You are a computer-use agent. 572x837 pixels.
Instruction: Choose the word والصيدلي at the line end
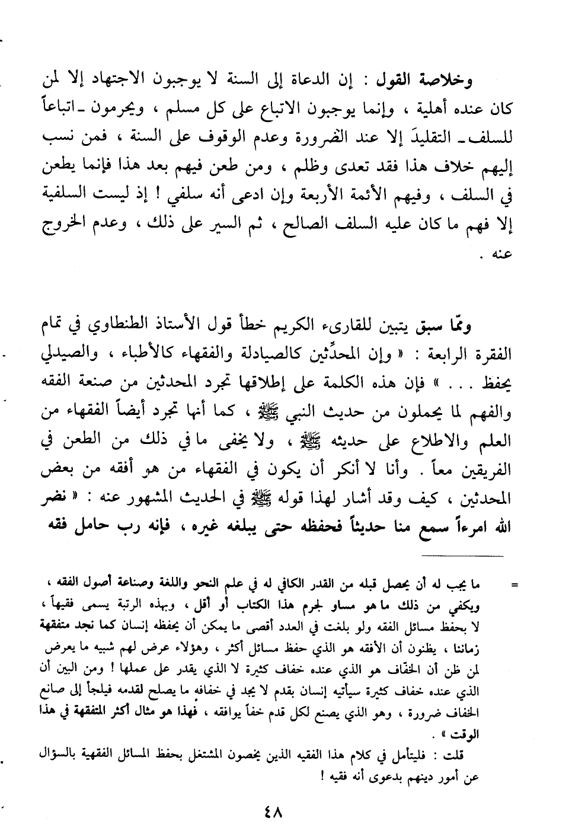[63, 354]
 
